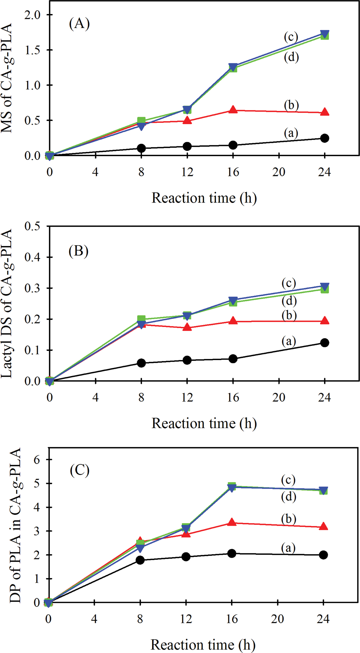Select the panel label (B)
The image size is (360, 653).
[79, 251]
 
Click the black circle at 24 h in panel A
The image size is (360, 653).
[324, 138]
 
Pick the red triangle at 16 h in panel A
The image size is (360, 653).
[233, 110]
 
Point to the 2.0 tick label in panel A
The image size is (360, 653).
[32, 15]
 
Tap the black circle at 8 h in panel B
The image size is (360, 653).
[141, 363]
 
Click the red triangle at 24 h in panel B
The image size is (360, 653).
[324, 321]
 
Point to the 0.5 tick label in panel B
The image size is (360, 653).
[32, 226]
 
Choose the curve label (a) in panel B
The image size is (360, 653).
[289, 341]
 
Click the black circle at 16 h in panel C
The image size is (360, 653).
[232, 553]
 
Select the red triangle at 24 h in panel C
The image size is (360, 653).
[323, 527]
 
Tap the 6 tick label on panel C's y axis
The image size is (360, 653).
[37, 460]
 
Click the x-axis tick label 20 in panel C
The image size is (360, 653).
[277, 619]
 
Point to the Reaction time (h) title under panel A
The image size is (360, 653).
[204, 198]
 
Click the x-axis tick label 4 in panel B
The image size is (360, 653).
[95, 397]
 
